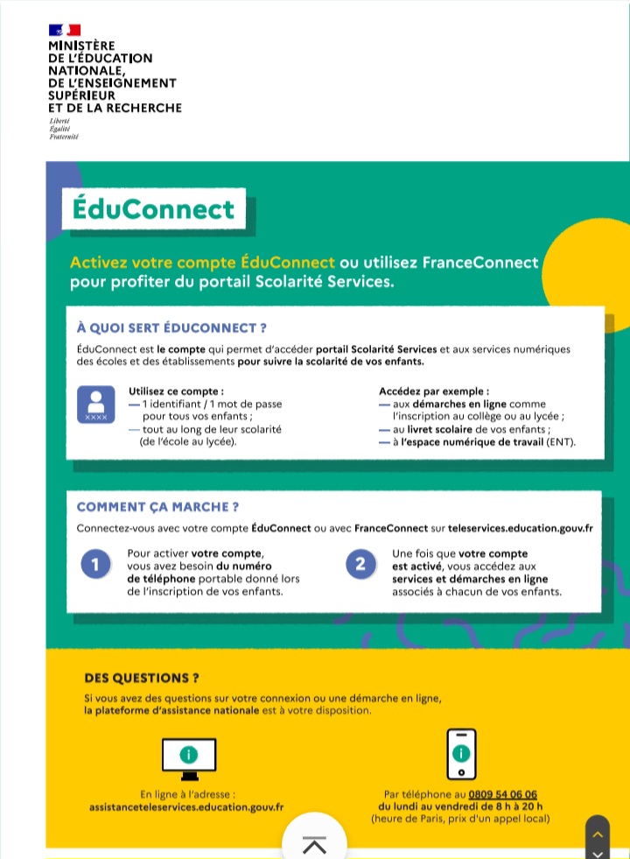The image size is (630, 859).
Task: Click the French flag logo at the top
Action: click(x=65, y=30)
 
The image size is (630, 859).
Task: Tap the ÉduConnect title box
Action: click(x=153, y=209)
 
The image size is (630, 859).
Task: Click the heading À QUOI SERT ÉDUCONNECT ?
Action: click(x=171, y=328)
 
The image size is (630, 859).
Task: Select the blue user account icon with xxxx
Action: click(x=96, y=404)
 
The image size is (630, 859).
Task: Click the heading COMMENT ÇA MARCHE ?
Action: click(x=158, y=507)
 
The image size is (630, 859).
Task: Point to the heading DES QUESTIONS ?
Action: click(x=142, y=678)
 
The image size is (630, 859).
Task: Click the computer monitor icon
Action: click(x=189, y=757)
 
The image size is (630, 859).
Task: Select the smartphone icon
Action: click(x=461, y=754)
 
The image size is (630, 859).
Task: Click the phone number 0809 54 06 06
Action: click(x=502, y=794)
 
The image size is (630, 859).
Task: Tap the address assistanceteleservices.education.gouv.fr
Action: click(x=186, y=806)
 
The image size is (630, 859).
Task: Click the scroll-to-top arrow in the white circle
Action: click(x=314, y=843)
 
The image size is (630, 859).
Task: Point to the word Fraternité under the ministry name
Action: click(x=64, y=137)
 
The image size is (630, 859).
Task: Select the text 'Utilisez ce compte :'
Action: click(x=176, y=391)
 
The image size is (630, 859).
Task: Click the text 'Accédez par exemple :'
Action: click(x=434, y=391)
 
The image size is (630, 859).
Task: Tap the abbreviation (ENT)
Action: click(x=561, y=443)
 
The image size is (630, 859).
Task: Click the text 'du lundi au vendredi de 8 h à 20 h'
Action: click(x=460, y=806)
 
